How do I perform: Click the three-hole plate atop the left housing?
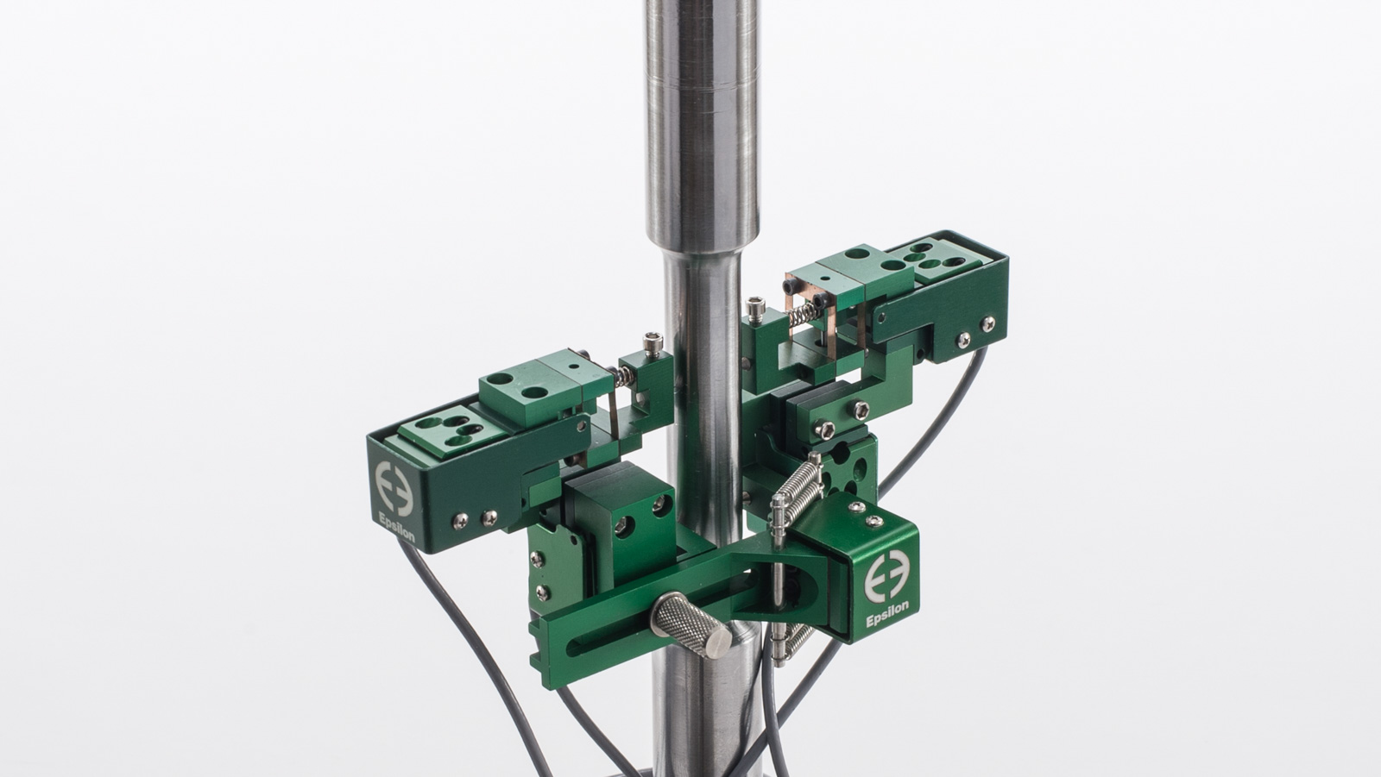coord(440,431)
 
